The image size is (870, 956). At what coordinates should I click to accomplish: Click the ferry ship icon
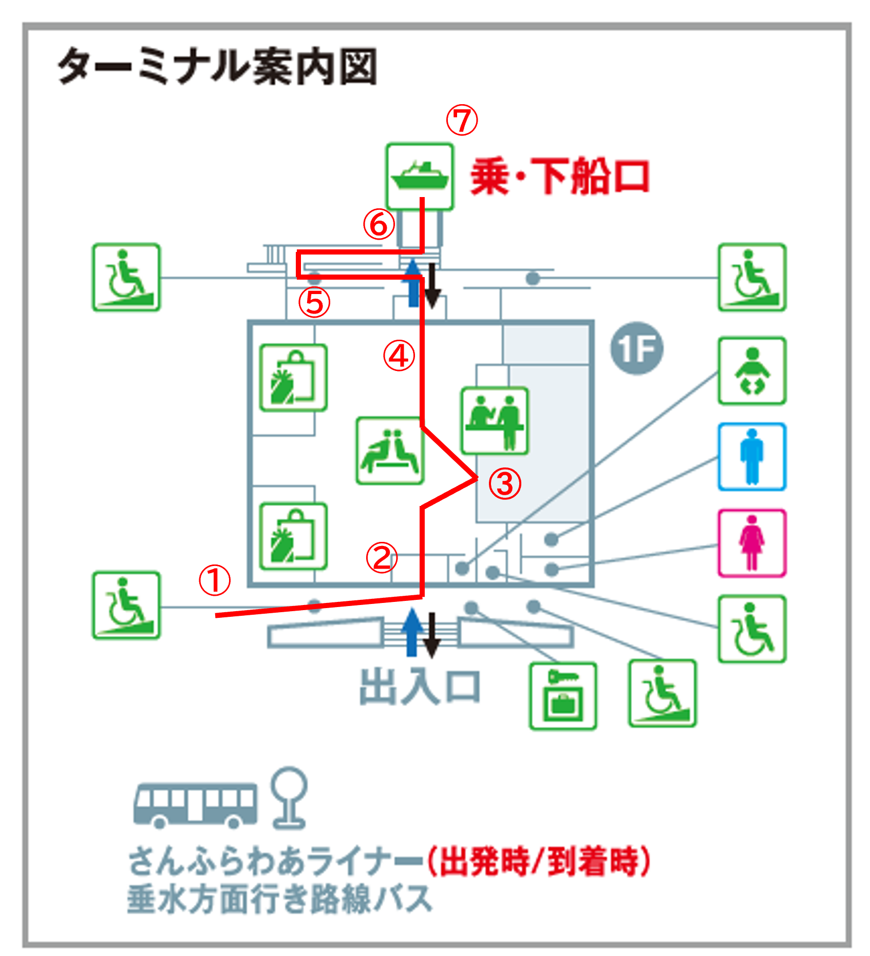[x=420, y=176]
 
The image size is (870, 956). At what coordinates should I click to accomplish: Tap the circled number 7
[x=462, y=121]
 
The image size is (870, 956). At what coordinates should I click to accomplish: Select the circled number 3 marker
[x=504, y=483]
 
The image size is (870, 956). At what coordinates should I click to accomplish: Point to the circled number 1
[x=215, y=580]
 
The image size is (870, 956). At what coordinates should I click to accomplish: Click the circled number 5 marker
[x=314, y=302]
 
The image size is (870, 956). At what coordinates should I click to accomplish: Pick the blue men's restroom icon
[x=752, y=456]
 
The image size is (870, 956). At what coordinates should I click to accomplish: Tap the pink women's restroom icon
[x=752, y=543]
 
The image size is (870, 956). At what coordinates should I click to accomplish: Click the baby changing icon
[x=752, y=370]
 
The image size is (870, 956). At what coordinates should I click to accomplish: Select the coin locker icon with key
[x=563, y=696]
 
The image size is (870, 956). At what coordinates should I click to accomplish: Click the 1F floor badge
[x=637, y=348]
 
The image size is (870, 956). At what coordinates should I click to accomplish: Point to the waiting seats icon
[x=390, y=451]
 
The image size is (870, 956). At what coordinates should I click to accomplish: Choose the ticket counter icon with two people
[x=495, y=421]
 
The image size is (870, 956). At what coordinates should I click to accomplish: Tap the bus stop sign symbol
[x=289, y=798]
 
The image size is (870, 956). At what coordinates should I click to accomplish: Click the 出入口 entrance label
[x=420, y=687]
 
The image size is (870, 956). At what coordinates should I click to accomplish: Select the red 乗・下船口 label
[x=560, y=177]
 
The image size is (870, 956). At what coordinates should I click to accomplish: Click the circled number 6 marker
[x=379, y=224]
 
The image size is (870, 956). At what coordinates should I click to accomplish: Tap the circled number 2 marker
[x=382, y=558]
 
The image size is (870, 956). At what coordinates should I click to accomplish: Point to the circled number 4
[x=399, y=356]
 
